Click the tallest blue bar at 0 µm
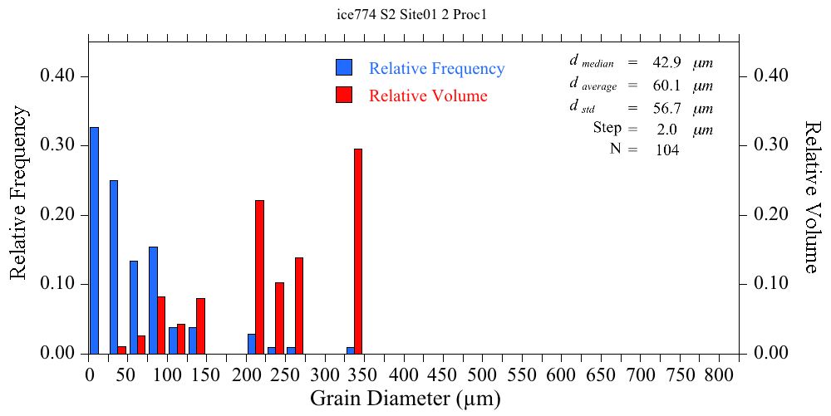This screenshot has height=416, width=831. (94, 241)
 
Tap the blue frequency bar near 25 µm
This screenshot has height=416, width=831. (114, 267)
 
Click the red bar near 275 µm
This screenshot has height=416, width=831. (299, 306)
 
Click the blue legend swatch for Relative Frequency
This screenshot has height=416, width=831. (344, 68)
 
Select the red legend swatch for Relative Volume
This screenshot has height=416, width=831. (344, 95)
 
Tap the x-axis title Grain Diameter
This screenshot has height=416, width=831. (406, 399)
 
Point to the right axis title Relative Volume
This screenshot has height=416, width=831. (812, 196)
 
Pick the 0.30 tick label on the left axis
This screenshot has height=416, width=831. (57, 145)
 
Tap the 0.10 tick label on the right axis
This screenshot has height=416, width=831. (770, 284)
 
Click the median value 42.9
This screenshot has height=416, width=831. (667, 63)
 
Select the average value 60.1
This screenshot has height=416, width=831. (667, 86)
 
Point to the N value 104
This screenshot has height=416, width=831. (667, 150)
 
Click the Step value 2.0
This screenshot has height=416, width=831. (667, 130)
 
